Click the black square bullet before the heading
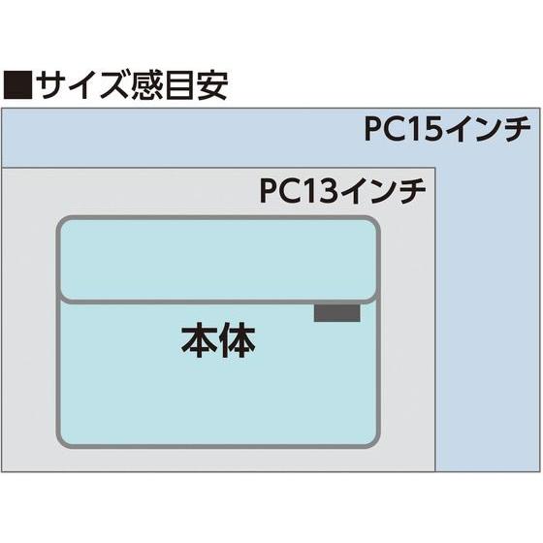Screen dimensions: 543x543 19,86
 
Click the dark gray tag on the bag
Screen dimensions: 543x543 336,313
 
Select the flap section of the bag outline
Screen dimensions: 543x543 218,260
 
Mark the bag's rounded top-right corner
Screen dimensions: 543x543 372,225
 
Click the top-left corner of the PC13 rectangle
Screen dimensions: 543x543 3,168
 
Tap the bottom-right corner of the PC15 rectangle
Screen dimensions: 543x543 538,470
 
